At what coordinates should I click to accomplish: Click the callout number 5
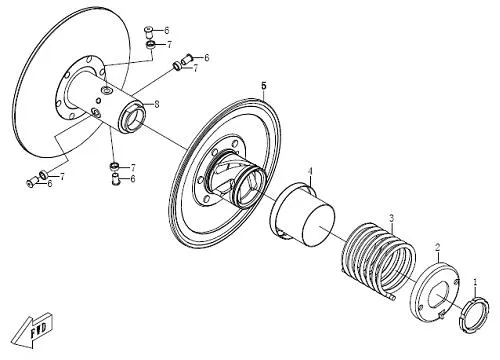click(x=264, y=86)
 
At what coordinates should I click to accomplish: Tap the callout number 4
click(x=310, y=171)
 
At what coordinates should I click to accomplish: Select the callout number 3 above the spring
click(x=392, y=219)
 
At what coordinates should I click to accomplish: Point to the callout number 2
click(x=438, y=247)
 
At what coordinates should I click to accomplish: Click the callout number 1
click(x=476, y=282)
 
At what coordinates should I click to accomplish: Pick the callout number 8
click(x=157, y=104)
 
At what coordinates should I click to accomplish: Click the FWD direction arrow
click(x=32, y=330)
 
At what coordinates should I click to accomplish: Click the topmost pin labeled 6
click(x=149, y=32)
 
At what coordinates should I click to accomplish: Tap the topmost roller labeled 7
click(x=151, y=45)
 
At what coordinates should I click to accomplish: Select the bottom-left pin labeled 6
click(x=32, y=182)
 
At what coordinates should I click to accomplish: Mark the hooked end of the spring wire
click(x=391, y=296)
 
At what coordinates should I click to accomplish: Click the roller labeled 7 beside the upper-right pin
click(x=177, y=66)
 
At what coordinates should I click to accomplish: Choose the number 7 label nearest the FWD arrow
click(x=62, y=176)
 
